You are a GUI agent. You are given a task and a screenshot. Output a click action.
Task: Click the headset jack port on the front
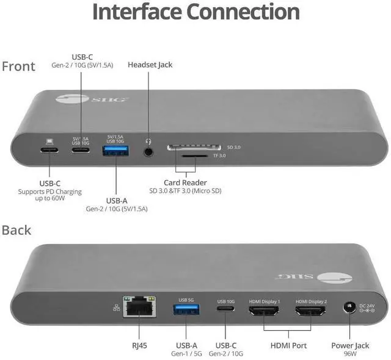click(x=148, y=148)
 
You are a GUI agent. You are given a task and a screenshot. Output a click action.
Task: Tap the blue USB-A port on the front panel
click(x=115, y=149)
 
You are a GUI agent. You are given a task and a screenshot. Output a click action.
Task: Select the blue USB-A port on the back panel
click(x=186, y=309)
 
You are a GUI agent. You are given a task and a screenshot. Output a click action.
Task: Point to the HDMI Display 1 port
click(x=264, y=311)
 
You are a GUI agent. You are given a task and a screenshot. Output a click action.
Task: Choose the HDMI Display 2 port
click(x=310, y=311)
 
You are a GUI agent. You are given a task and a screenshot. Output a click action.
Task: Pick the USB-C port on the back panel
click(x=226, y=310)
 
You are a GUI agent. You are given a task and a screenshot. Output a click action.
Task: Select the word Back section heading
click(x=17, y=230)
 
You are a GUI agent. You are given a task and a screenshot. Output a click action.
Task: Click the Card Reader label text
click(x=185, y=182)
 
